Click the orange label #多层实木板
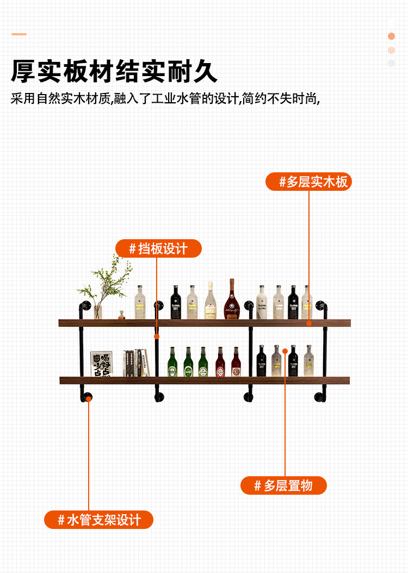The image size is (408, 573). (308, 182)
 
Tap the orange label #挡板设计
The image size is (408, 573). (158, 248)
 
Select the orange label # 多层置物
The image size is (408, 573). (283, 485)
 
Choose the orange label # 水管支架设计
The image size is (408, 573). (98, 520)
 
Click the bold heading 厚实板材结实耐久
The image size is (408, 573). (114, 71)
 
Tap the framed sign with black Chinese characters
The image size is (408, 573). (101, 364)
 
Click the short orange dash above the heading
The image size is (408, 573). (19, 34)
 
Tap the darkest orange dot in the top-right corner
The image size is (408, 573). (391, 36)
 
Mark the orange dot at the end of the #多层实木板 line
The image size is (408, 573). (308, 323)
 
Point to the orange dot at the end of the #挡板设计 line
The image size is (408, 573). (157, 337)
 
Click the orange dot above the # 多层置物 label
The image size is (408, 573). (285, 351)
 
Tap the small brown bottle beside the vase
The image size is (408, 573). (121, 315)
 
